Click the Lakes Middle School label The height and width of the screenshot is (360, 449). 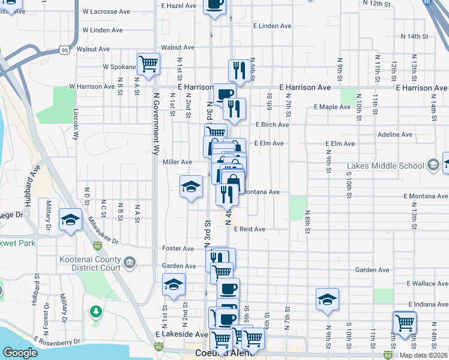386,166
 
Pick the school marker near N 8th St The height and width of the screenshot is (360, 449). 327,299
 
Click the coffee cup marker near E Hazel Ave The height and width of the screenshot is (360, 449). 214,4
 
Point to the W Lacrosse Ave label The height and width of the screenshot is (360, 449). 106,11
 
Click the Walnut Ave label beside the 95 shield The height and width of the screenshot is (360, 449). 93,49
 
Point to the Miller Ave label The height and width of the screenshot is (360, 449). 177,162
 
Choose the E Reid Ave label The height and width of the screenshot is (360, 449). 250,229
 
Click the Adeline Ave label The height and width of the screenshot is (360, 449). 395,134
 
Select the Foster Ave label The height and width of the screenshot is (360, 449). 178,248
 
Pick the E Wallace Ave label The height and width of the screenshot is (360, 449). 427,283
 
